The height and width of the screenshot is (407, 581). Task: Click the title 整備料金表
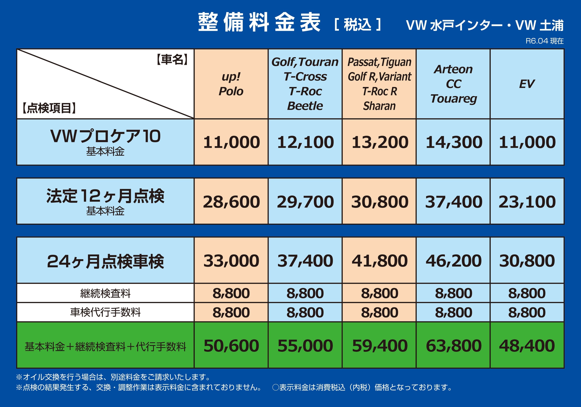(259, 22)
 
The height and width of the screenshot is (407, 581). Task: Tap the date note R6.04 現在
(544, 41)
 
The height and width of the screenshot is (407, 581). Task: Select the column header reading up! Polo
(231, 84)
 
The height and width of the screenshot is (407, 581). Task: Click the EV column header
(527, 84)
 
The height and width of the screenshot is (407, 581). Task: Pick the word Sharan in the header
(379, 106)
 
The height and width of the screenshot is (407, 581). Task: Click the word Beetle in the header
(305, 106)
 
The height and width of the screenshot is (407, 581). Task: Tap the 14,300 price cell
(454, 142)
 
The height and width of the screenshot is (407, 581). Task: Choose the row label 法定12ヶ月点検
(105, 196)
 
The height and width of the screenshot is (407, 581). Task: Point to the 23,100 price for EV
(527, 202)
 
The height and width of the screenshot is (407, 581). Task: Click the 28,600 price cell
(231, 202)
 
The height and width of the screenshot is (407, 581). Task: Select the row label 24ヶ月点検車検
(105, 262)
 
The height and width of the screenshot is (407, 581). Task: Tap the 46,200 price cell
(453, 261)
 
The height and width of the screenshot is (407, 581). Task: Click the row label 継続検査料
(105, 293)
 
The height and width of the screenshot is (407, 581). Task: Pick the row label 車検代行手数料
(105, 312)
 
